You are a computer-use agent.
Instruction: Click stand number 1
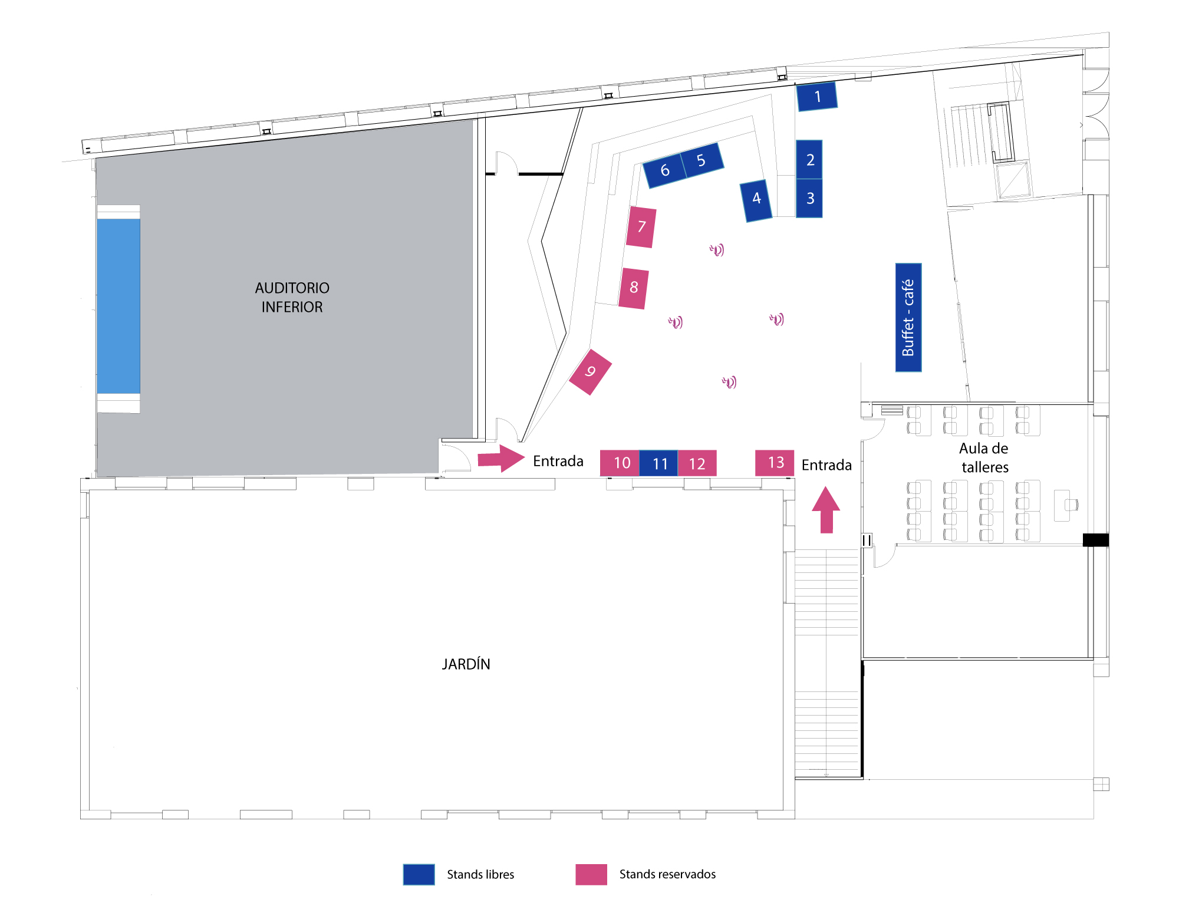pos(816,97)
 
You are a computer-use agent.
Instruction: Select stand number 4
pos(756,200)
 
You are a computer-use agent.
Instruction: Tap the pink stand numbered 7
pos(641,227)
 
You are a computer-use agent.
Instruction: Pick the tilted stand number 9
pos(590,372)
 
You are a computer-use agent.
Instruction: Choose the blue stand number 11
pos(658,463)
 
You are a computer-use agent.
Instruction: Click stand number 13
pos(775,463)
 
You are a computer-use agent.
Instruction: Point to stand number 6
pos(664,171)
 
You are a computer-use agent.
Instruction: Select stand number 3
pos(809,199)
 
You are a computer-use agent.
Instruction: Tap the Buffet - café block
pos(908,317)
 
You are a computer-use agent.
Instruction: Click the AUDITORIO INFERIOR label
pos(292,297)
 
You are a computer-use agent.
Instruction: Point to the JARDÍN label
pos(466,664)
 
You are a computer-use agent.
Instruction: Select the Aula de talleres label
pos(984,457)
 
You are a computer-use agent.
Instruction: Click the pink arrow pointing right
pos(501,459)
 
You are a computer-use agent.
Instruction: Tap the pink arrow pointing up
pos(826,510)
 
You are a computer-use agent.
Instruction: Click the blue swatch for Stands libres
pos(419,874)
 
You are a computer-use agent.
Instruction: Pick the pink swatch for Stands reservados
pos(591,874)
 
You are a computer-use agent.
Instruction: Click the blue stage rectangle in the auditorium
pos(118,306)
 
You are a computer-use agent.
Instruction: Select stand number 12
pos(697,463)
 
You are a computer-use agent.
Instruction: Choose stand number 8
pos(634,288)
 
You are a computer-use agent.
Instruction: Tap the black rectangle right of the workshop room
pos(1096,540)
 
